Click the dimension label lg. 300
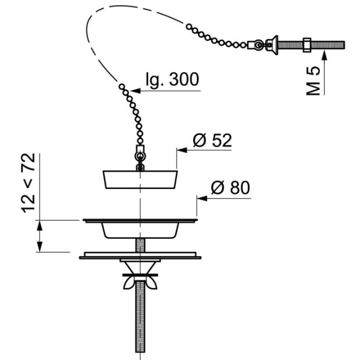[172, 79]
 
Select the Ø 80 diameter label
[230, 188]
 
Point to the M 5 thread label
[313, 81]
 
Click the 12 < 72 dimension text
[28, 183]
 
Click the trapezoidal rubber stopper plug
[140, 179]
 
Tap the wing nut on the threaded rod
[140, 283]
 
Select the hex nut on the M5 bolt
[307, 45]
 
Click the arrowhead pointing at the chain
[136, 91]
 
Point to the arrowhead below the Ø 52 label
[182, 150]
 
